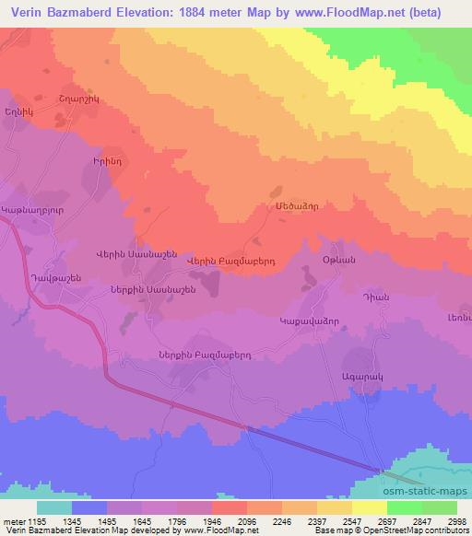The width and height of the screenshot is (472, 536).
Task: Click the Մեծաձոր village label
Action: point(292,209)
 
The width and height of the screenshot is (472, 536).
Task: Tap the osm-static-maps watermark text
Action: point(430,493)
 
